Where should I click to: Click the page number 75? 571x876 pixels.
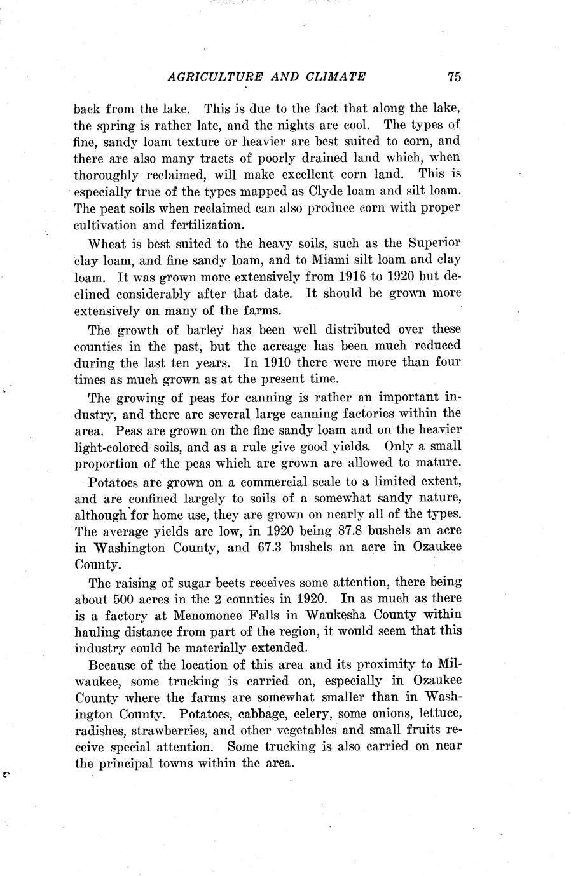tap(453, 77)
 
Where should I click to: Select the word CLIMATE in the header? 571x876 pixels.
tap(334, 77)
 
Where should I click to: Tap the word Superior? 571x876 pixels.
tap(435, 243)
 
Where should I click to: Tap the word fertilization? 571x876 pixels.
tap(189, 224)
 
